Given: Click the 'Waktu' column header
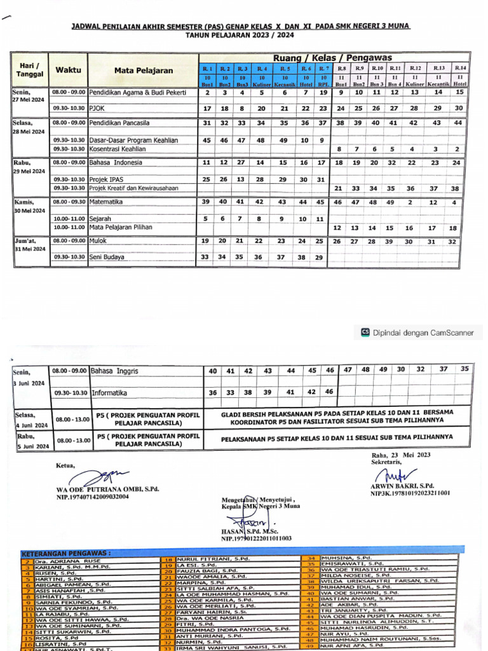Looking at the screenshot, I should coord(68,70).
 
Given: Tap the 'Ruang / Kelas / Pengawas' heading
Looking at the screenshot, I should coord(333,57).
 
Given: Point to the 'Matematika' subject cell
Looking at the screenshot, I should coord(106,202).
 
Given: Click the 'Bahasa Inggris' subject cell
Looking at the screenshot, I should coord(114,370).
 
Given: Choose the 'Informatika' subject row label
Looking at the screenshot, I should coord(109,393).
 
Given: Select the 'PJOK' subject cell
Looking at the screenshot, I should coord(97,109).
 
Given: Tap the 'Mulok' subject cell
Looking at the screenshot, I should coord(98,241).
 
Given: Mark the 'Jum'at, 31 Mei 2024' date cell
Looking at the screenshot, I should coord(30,244).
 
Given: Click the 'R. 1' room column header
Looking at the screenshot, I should coord(207,68).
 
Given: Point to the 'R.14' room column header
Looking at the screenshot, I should coord(460,68).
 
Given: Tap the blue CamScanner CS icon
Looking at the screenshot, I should coord(365,332).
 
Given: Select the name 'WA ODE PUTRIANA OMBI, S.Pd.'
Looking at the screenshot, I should coord(107,490).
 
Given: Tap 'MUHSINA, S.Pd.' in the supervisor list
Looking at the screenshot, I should coord(346,558).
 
